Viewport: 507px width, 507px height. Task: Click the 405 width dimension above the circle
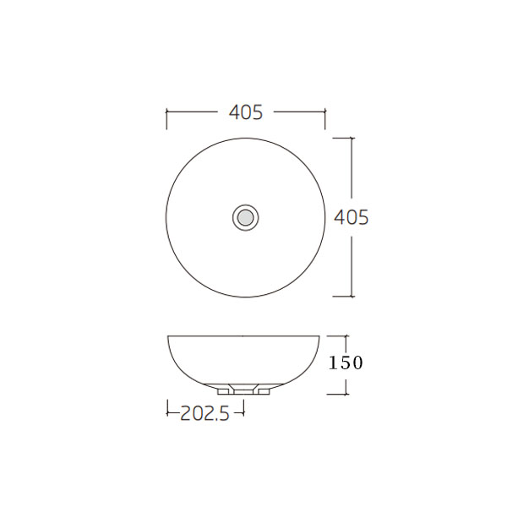(x=246, y=112)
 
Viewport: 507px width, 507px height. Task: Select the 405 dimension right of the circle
(x=352, y=217)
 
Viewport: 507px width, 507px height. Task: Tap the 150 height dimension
(x=346, y=363)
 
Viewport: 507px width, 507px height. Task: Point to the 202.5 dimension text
(x=205, y=413)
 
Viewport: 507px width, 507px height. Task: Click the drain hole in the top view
(x=246, y=218)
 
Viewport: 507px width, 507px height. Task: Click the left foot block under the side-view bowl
(x=226, y=391)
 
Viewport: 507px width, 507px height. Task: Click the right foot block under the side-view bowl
(x=263, y=391)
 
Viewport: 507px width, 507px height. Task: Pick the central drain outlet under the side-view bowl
(x=244, y=390)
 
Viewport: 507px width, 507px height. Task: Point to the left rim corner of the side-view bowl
(x=168, y=337)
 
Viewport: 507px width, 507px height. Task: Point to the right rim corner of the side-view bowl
(x=320, y=337)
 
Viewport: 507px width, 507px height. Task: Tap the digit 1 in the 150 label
(x=332, y=363)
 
